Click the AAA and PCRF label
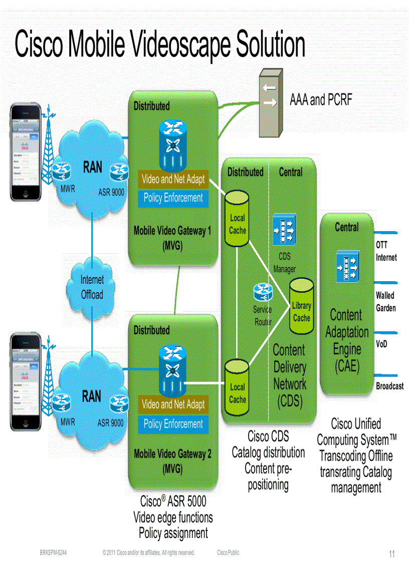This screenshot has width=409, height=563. point(321,100)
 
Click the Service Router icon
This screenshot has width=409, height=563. point(263,292)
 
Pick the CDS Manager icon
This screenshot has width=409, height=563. point(284,229)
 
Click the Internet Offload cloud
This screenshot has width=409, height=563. point(92,288)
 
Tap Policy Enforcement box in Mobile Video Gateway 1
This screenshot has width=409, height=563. point(173,198)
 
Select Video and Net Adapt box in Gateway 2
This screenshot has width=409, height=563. point(173,405)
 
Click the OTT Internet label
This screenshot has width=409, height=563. point(386,252)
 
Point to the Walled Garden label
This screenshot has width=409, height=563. point(385,302)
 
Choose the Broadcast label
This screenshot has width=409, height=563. point(389,386)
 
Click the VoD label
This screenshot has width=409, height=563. point(381,345)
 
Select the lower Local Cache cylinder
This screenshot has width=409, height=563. point(237,388)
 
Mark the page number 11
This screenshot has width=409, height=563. point(392,554)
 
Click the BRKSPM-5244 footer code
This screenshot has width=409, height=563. point(53,553)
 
